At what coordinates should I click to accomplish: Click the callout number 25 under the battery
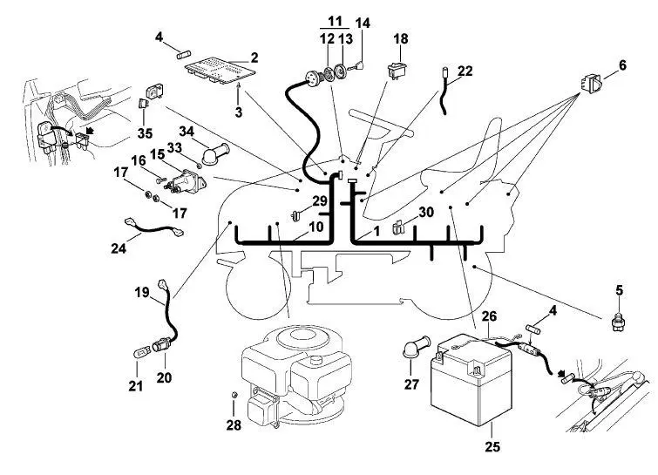(x=492, y=446)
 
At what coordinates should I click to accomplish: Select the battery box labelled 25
(x=471, y=380)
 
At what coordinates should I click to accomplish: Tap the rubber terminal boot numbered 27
(x=417, y=347)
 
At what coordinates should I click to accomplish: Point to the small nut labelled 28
(x=235, y=395)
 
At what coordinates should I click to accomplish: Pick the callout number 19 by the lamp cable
(x=142, y=292)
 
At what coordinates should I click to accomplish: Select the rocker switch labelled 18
(x=397, y=71)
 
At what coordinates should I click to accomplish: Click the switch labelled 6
(x=592, y=83)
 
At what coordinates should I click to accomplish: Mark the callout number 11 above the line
(x=335, y=21)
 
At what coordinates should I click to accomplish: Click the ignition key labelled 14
(x=357, y=65)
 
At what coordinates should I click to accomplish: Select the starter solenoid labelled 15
(x=186, y=181)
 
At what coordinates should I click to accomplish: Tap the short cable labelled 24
(x=153, y=227)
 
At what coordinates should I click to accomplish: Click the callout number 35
(x=145, y=133)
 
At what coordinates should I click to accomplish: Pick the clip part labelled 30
(x=397, y=227)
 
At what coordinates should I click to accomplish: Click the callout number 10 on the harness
(x=316, y=227)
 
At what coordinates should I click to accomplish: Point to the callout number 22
(x=465, y=71)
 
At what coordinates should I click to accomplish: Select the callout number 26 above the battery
(x=489, y=316)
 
